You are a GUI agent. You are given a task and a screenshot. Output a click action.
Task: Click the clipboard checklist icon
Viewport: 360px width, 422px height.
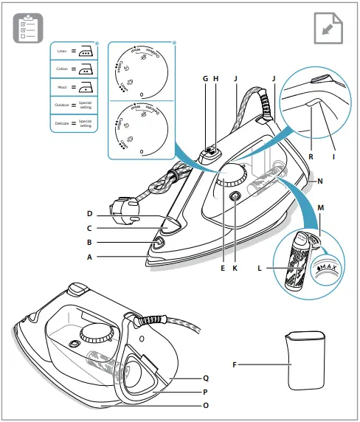click(x=28, y=28)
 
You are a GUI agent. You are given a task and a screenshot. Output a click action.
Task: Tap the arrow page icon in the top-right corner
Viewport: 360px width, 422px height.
click(x=328, y=28)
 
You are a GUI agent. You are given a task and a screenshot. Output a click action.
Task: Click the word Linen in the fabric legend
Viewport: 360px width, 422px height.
click(x=63, y=52)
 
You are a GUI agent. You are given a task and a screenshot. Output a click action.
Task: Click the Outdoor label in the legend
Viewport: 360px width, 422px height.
click(x=61, y=106)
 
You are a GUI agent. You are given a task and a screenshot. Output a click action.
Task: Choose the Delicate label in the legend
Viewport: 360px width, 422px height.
click(x=61, y=123)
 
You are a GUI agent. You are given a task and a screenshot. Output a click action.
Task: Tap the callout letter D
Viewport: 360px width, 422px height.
click(x=89, y=214)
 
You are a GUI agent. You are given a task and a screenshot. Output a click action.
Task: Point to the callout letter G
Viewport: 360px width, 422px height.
click(x=205, y=77)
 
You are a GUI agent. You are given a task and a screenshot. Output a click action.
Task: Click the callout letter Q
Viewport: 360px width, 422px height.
click(x=206, y=376)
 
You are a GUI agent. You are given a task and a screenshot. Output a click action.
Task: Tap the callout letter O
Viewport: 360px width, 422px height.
click(x=206, y=405)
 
